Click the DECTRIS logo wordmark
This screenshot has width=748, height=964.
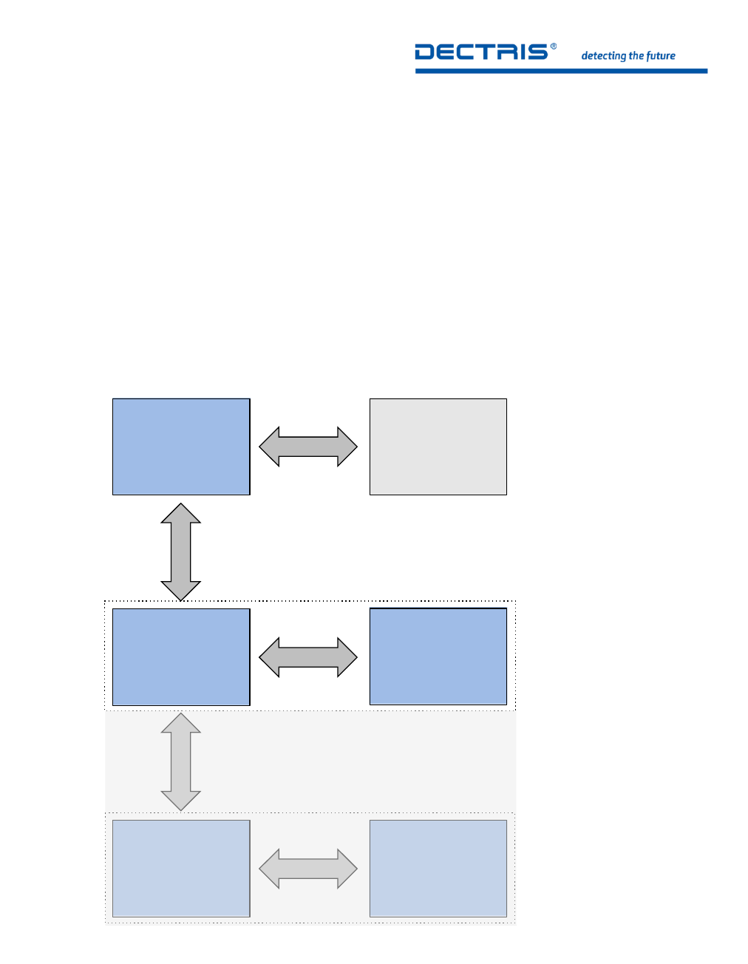[481, 52]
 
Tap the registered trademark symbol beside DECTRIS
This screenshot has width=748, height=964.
[554, 47]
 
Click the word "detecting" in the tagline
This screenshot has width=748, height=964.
[603, 56]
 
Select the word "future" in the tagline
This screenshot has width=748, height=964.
[661, 55]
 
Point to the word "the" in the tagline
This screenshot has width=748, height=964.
[636, 55]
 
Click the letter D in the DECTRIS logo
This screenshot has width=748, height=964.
[425, 52]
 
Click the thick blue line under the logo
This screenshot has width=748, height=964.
[561, 71]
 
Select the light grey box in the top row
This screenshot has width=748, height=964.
[438, 447]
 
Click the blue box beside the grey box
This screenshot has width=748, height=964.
[181, 447]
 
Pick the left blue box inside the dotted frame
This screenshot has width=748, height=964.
[181, 656]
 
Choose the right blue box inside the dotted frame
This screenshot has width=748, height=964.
[438, 656]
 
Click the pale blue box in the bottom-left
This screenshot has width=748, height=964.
[181, 868]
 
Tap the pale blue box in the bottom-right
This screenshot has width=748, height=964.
[438, 868]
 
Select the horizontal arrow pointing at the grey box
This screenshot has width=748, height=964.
[308, 447]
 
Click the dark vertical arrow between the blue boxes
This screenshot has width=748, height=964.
[181, 551]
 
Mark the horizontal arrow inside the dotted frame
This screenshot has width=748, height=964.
[308, 656]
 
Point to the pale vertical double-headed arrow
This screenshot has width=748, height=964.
[181, 761]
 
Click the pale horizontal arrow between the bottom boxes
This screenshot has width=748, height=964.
[308, 868]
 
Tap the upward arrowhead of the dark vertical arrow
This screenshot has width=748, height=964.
[181, 514]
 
